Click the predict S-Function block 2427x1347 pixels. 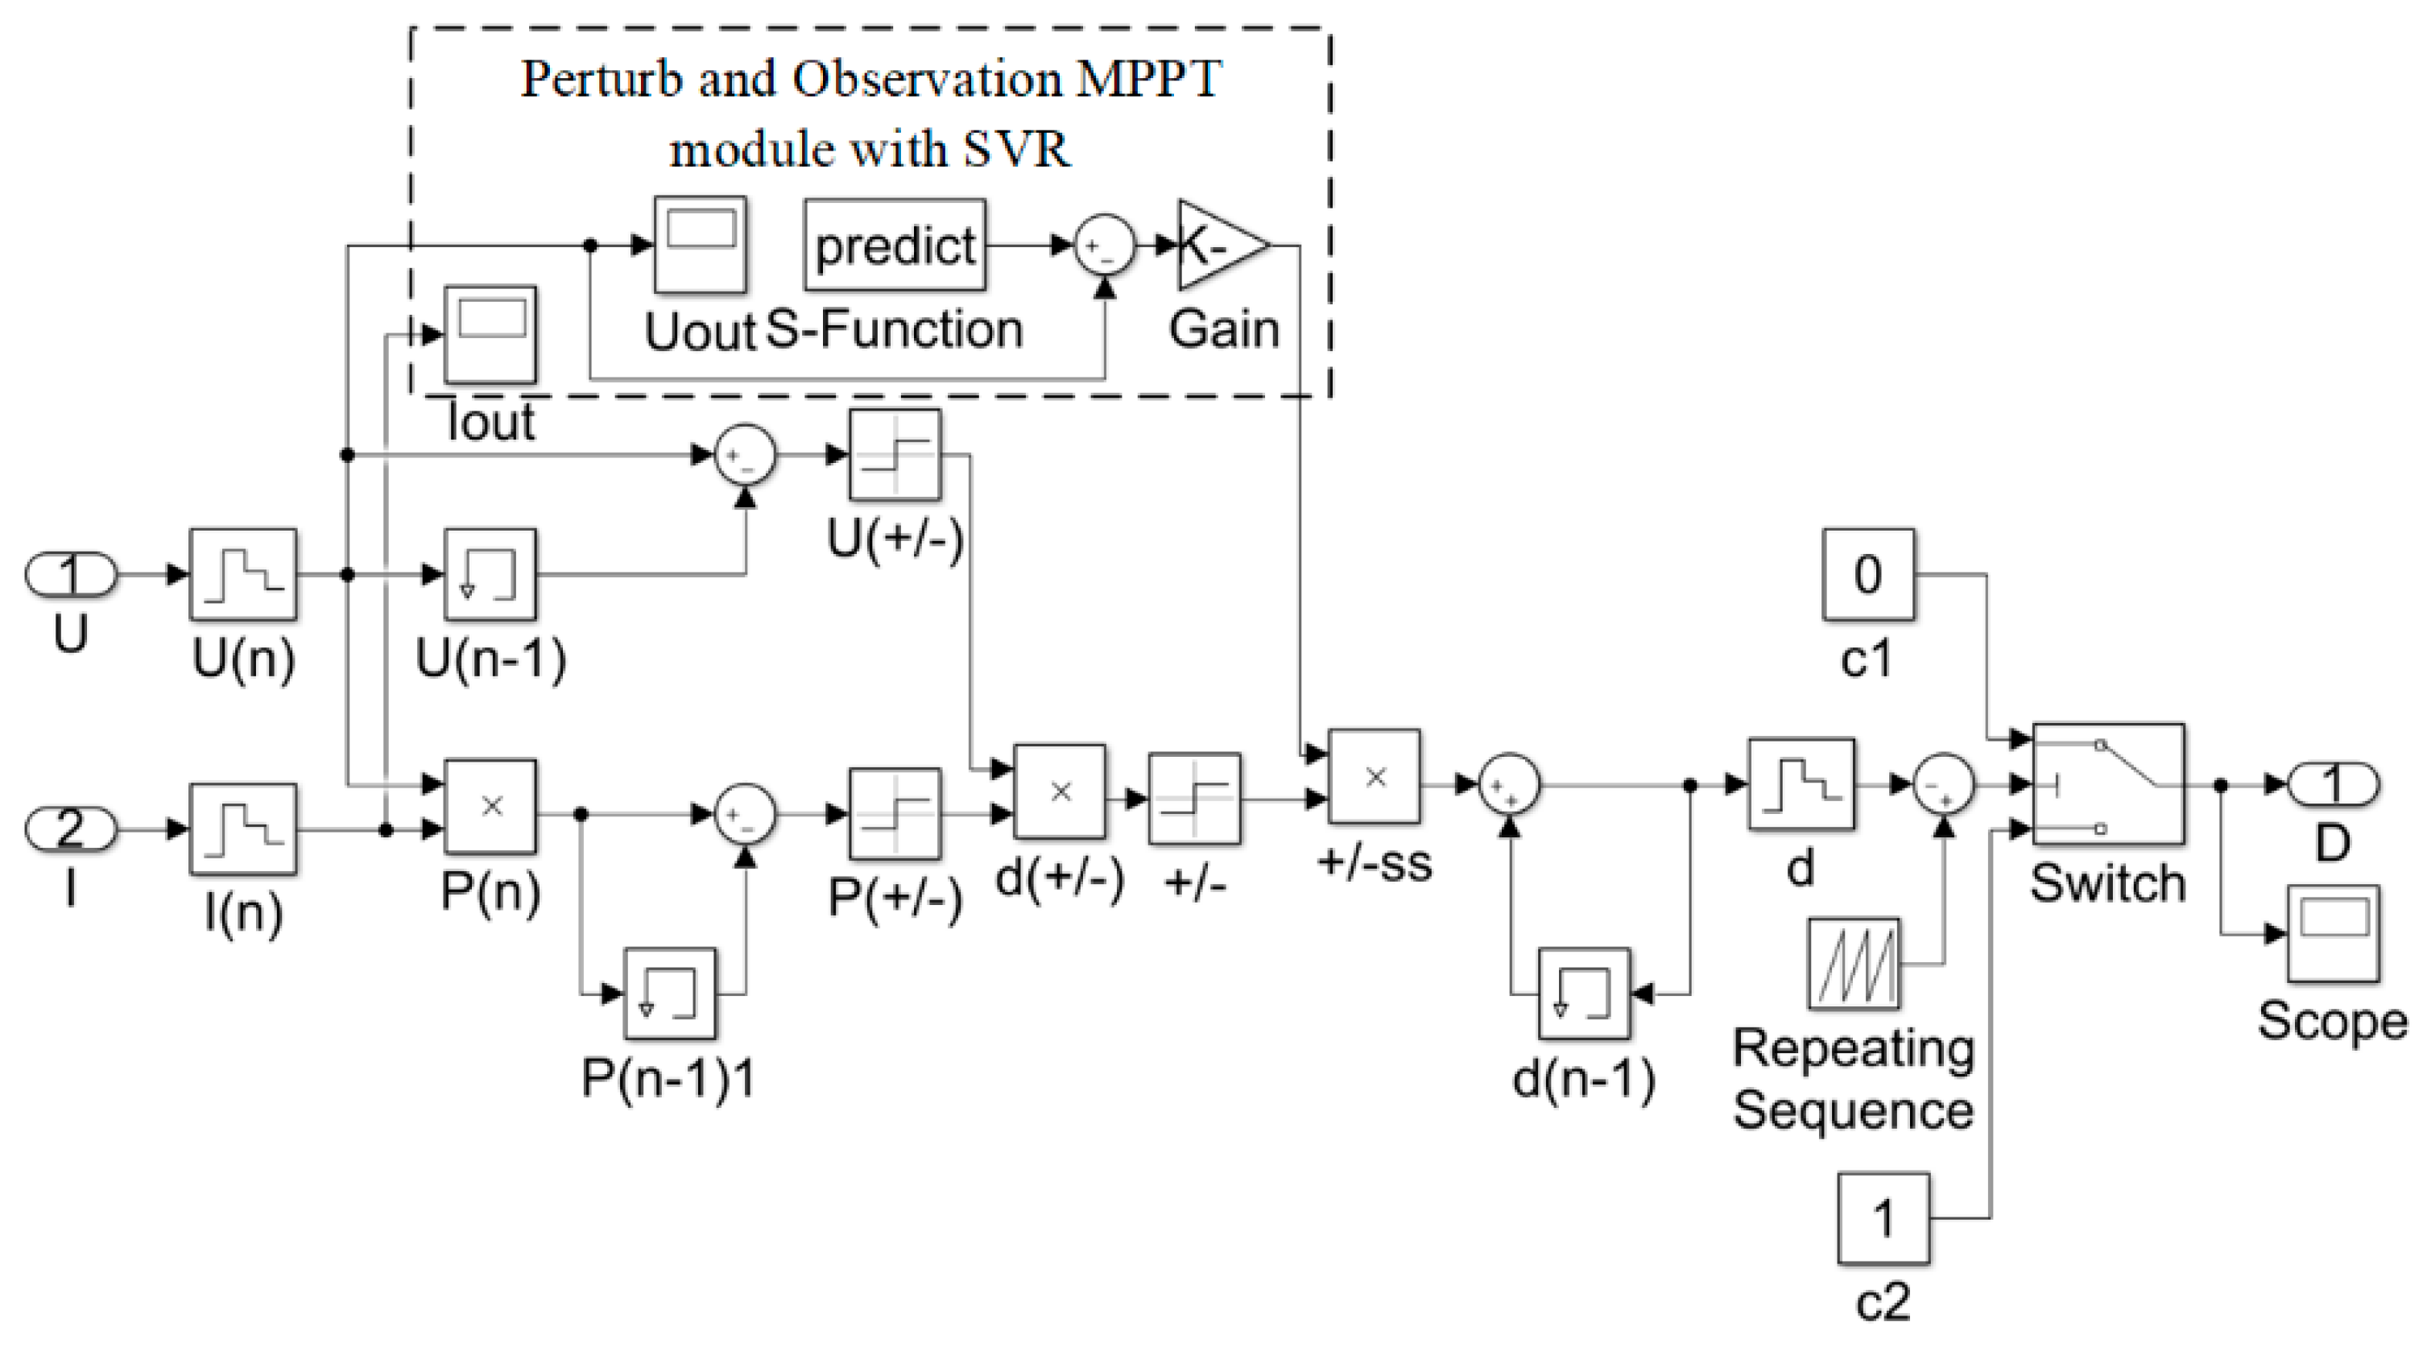pyautogui.click(x=895, y=245)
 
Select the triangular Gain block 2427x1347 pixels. pyautogui.click(x=1222, y=245)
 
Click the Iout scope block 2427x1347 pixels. pyautogui.click(x=490, y=334)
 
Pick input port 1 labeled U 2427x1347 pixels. pyautogui.click(x=71, y=575)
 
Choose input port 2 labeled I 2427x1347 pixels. pyautogui.click(x=71, y=830)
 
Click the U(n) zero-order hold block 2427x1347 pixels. pyautogui.click(x=244, y=575)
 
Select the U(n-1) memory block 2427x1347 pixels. pyautogui.click(x=490, y=575)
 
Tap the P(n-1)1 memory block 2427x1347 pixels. pyautogui.click(x=670, y=994)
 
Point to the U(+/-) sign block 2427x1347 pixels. pyautogui.click(x=895, y=455)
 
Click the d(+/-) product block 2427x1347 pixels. pyautogui.click(x=1060, y=792)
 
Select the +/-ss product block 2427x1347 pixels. pyautogui.click(x=1375, y=777)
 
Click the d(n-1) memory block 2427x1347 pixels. pyautogui.click(x=1585, y=994)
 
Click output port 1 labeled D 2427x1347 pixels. pyautogui.click(x=2333, y=783)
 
